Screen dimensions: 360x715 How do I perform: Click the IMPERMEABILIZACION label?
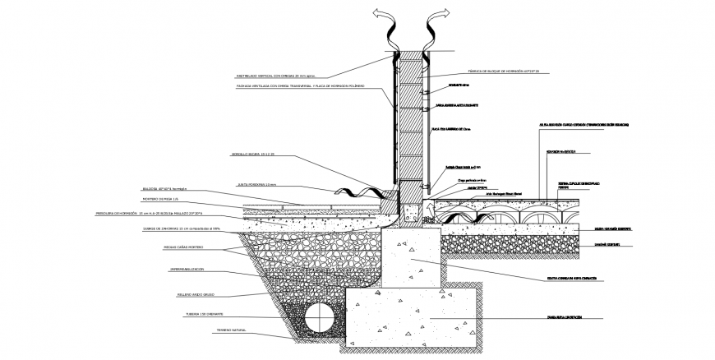tap(187, 270)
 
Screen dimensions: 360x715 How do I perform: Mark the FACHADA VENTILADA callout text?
tap(288, 85)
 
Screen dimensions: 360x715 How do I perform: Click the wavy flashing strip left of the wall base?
tap(364, 195)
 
